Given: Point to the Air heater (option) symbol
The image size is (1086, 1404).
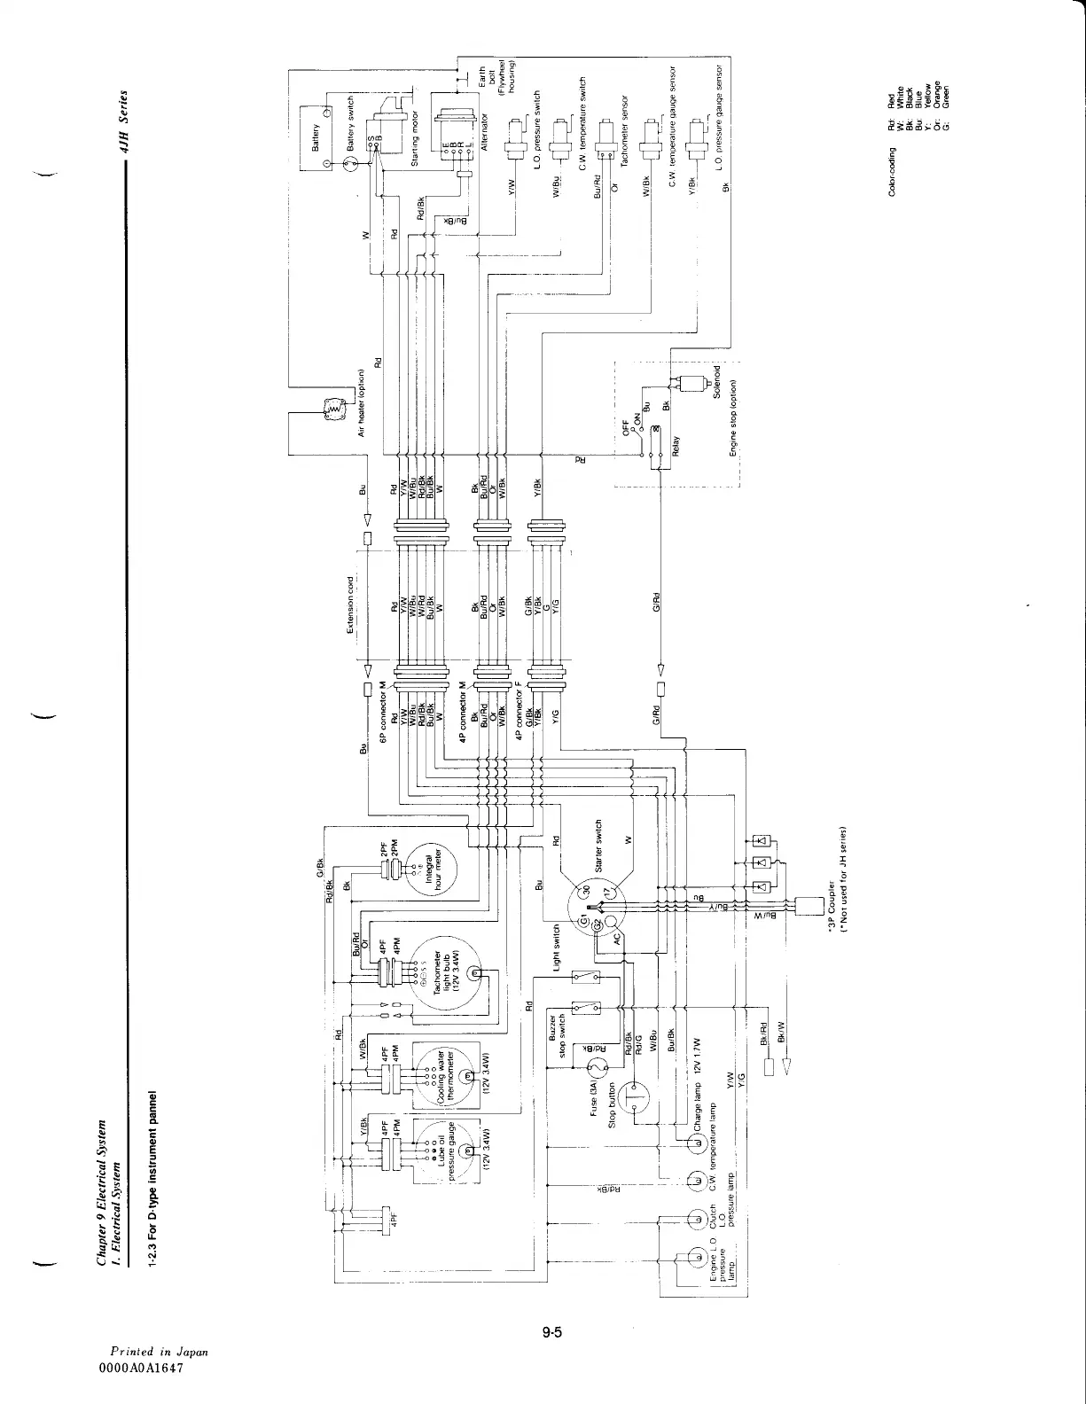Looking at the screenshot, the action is [333, 409].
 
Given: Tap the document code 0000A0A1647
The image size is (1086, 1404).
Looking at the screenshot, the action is [146, 1368].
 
